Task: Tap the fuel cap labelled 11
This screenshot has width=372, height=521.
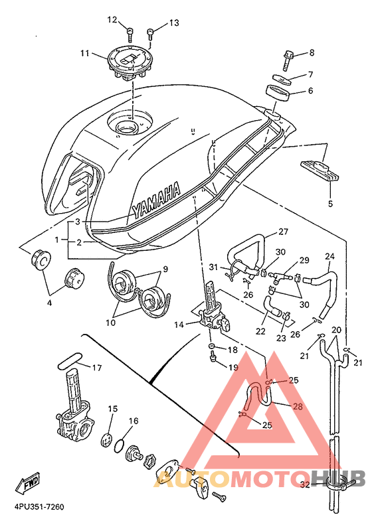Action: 130,64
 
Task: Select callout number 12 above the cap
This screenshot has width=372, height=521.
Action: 112,20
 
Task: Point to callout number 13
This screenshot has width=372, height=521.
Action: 174,23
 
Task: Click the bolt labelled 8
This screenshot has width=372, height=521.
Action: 289,60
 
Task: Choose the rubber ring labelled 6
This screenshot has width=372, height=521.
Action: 278,93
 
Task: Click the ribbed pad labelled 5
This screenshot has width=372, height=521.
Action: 320,171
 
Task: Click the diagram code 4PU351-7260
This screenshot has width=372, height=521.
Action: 39,507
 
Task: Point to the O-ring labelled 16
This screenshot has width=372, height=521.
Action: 120,445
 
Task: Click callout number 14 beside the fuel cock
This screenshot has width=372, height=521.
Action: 179,325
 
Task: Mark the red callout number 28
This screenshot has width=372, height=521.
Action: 298,406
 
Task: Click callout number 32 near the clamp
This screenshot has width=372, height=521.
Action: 305,484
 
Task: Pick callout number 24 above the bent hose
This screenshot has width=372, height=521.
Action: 329,256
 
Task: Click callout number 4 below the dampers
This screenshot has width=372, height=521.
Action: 49,303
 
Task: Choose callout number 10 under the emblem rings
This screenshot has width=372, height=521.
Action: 110,323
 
